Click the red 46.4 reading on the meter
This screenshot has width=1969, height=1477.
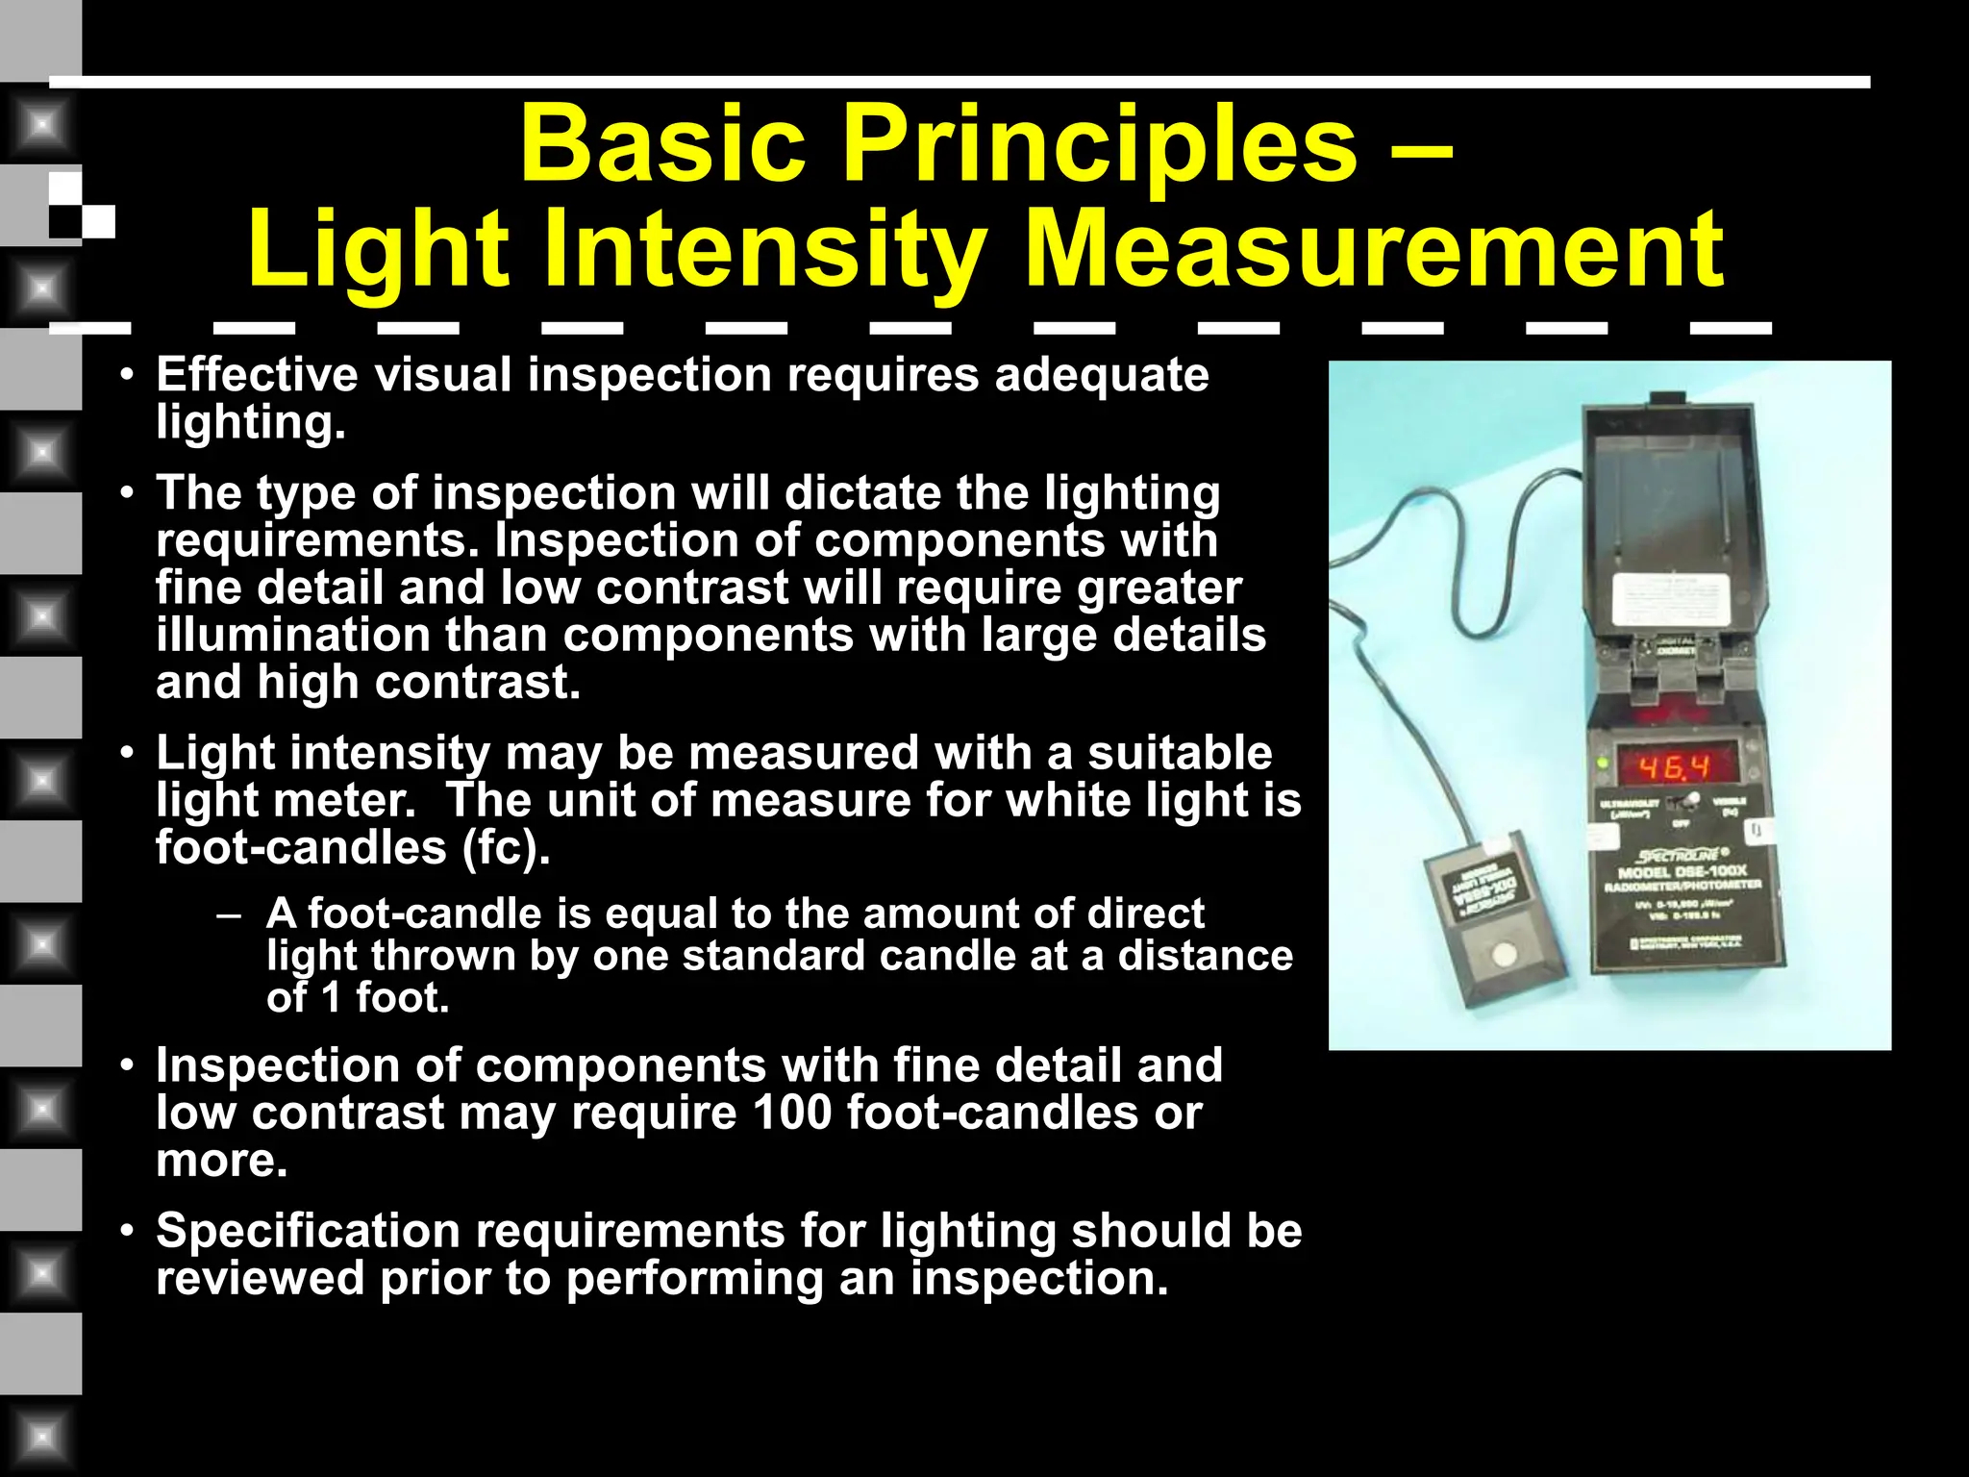pyautogui.click(x=1674, y=767)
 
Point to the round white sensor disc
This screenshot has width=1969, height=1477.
pyautogui.click(x=1502, y=955)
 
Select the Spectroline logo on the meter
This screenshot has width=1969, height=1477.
pyautogui.click(x=1681, y=855)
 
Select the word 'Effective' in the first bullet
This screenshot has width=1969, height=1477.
pyautogui.click(x=257, y=374)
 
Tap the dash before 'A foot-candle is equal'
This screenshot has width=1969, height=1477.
pyautogui.click(x=229, y=914)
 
